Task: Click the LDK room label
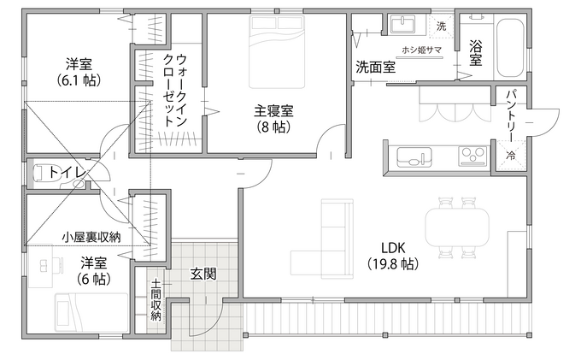pyautogui.click(x=392, y=247)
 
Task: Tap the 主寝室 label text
pyautogui.click(x=273, y=110)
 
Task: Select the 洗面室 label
pyautogui.click(x=375, y=67)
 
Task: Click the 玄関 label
pyautogui.click(x=202, y=274)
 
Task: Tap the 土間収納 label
pyautogui.click(x=156, y=298)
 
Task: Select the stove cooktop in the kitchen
pyautogui.click(x=472, y=156)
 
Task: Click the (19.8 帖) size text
pyautogui.click(x=392, y=264)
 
